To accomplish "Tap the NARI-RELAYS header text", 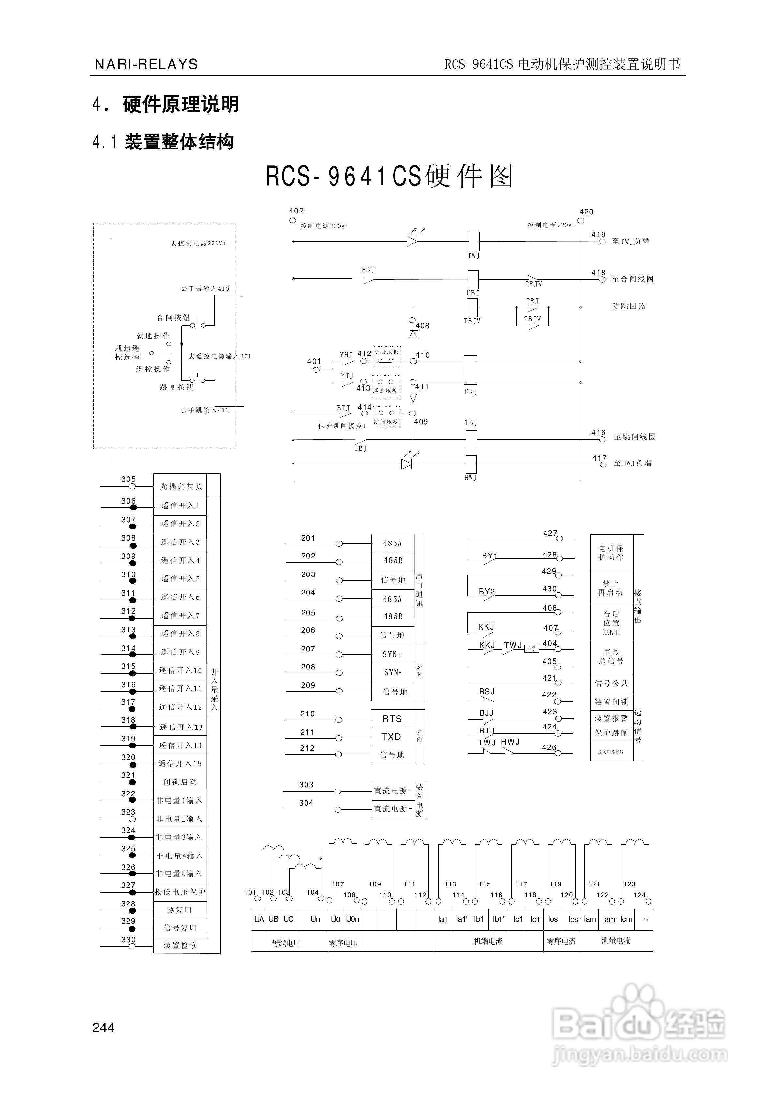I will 146,64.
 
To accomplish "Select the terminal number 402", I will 296,211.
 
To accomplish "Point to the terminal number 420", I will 586,212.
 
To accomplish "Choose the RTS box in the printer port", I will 392,719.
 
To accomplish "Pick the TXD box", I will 392,737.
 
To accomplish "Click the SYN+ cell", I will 392,654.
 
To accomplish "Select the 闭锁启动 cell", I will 180,782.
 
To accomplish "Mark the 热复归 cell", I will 180,910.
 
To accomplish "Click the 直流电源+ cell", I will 393,791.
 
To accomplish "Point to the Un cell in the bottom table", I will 315,919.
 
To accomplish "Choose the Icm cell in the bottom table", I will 626,919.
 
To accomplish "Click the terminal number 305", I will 128,479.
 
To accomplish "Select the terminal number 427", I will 550,533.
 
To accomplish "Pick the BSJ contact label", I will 487,692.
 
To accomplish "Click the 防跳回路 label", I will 629,306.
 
